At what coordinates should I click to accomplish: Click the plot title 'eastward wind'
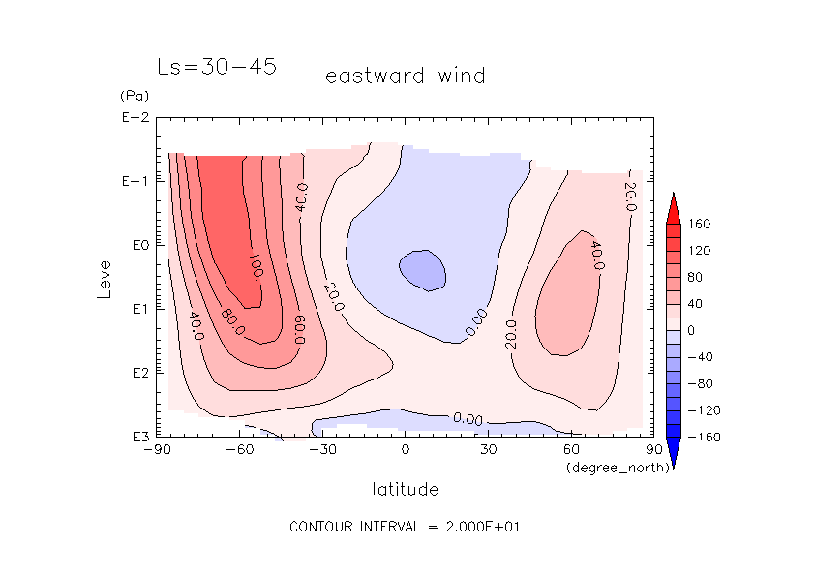(405, 76)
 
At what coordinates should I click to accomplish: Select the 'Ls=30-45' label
(217, 67)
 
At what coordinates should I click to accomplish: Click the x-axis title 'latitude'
(405, 489)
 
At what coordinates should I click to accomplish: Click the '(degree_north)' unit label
(608, 468)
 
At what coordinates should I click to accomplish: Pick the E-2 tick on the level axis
(134, 118)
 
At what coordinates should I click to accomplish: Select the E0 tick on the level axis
(136, 245)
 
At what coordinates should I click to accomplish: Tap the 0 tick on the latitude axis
(405, 450)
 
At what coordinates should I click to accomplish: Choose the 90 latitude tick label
(653, 450)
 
